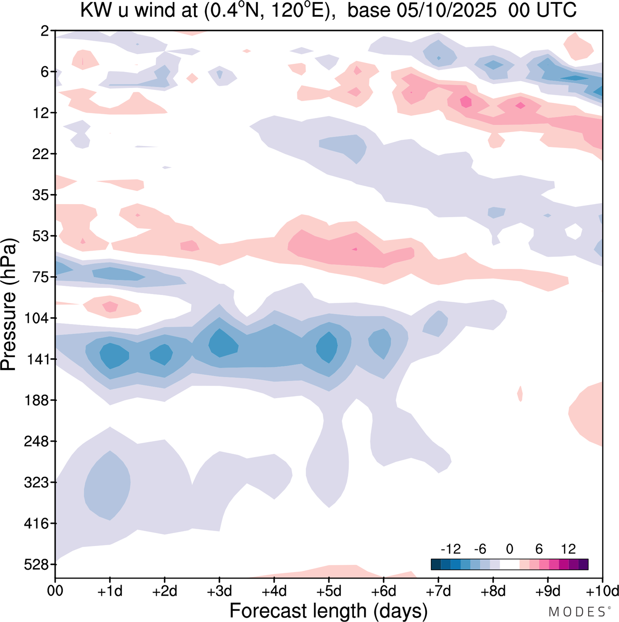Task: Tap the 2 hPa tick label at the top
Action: point(45,31)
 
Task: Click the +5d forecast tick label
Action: point(329,591)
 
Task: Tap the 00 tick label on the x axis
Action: point(55,591)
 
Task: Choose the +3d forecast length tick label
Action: point(220,591)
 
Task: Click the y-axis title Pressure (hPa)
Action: point(9,305)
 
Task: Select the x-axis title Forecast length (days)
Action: point(328,611)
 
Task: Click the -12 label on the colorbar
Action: point(451,549)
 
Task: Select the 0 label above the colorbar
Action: point(509,549)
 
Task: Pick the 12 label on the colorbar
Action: point(568,549)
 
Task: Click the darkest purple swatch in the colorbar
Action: point(583,564)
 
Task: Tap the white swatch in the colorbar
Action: point(509,564)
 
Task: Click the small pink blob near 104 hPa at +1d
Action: point(111,307)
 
